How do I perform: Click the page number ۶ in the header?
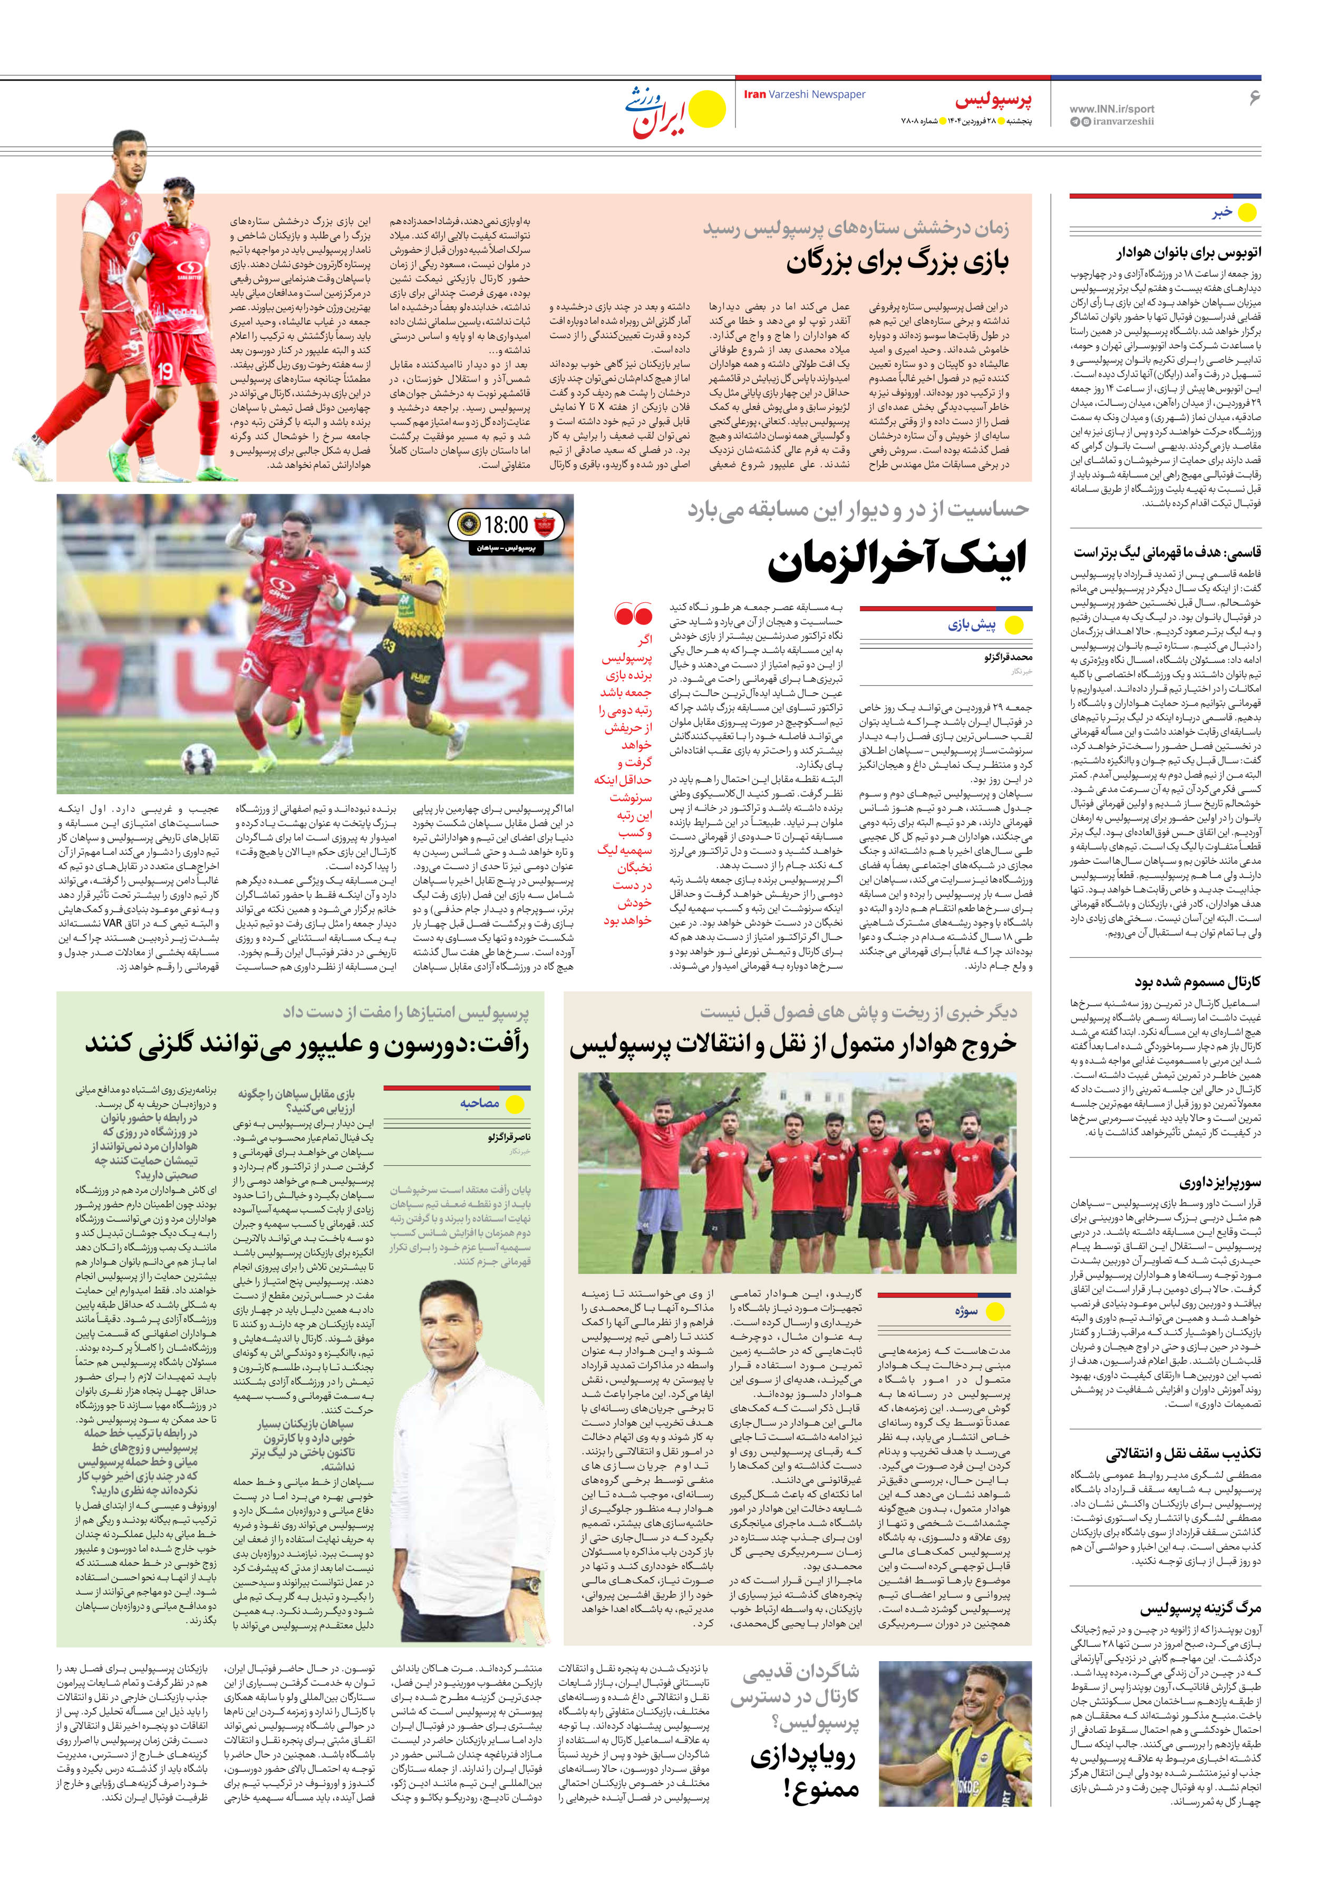pos(1253,97)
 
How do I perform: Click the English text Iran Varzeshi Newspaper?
pos(804,94)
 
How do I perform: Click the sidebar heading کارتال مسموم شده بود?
pos(1197,981)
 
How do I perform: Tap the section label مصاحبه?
pos(479,1103)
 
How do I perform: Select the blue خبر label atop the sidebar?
pos(1222,212)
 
